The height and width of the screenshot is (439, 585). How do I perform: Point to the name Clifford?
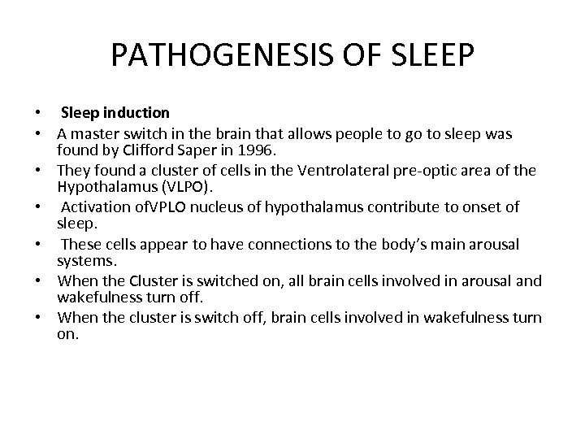point(156,150)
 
